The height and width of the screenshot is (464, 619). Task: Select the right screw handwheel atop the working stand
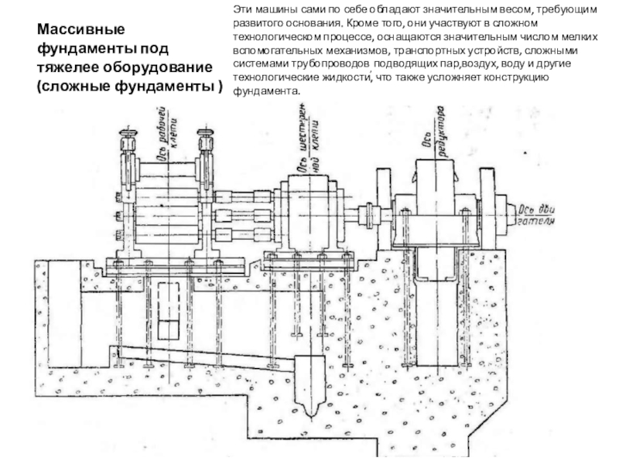[206, 144]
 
